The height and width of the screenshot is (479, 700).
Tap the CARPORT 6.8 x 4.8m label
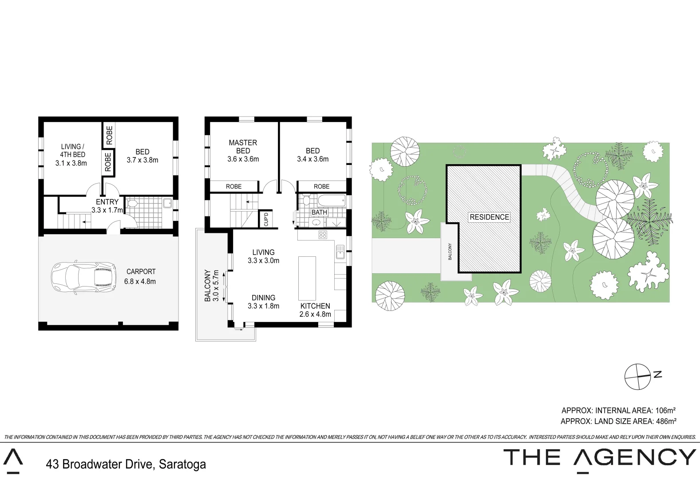coord(140,276)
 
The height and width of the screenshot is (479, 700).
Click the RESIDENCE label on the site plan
coord(489,217)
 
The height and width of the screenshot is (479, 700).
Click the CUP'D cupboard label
coord(266,219)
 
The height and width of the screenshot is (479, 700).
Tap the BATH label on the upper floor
coord(319,212)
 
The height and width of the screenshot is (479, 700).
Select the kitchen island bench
coord(307,278)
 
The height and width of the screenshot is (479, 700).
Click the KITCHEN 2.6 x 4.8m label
coord(315,310)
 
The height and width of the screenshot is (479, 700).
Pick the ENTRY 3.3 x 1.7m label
coord(107,206)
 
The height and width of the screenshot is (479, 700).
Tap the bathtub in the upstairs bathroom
coord(331,200)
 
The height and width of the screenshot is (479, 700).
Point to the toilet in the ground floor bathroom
coord(132,204)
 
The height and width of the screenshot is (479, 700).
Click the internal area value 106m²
coord(665,411)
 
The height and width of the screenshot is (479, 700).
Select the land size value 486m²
coord(666,421)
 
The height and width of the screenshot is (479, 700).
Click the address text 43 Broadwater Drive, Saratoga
coord(126,464)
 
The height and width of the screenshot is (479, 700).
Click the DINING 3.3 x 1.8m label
coord(263,302)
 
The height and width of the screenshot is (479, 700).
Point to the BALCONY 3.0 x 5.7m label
coord(211,285)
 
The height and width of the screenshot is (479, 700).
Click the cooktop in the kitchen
coord(323,235)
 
